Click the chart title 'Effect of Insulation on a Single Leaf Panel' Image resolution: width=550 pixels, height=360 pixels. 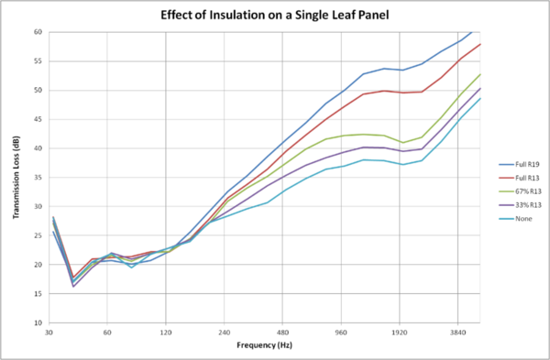[x=275, y=16]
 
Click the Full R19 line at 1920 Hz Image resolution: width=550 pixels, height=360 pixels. [x=401, y=70]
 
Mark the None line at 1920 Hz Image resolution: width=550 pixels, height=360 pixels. [x=401, y=164]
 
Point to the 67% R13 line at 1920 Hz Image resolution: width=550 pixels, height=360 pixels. [x=401, y=142]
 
